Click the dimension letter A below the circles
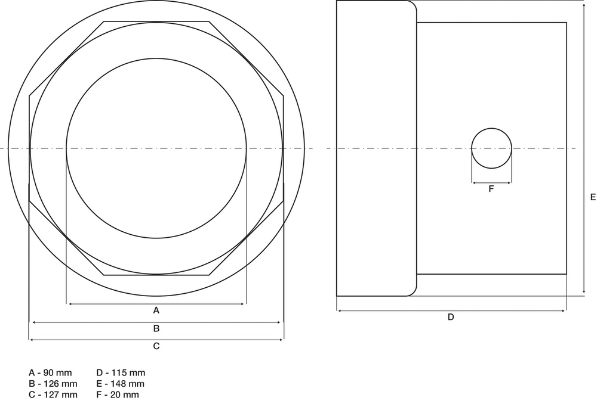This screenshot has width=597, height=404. [156, 310]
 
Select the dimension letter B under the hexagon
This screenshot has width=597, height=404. [156, 328]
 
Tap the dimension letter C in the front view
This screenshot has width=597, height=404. [156, 346]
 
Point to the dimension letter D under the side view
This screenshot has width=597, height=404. [451, 317]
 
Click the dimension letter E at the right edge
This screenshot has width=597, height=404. [593, 197]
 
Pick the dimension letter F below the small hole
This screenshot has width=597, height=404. [491, 188]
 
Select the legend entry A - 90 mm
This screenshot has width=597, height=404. [50, 373]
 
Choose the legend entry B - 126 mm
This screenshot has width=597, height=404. [53, 384]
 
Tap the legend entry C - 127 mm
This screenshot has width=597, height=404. [53, 395]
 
